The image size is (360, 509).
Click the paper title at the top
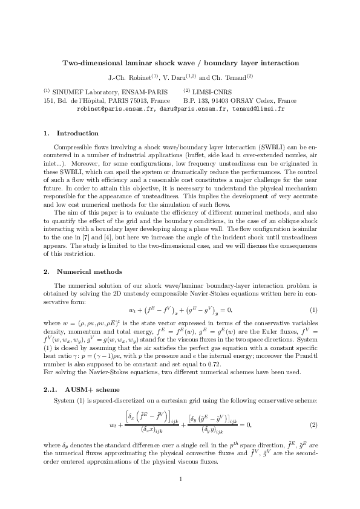(180, 63)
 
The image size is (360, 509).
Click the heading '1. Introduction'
(71, 133)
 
